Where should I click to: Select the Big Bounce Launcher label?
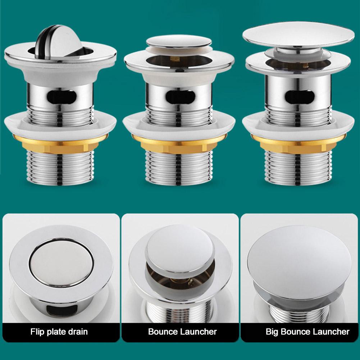307,331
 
